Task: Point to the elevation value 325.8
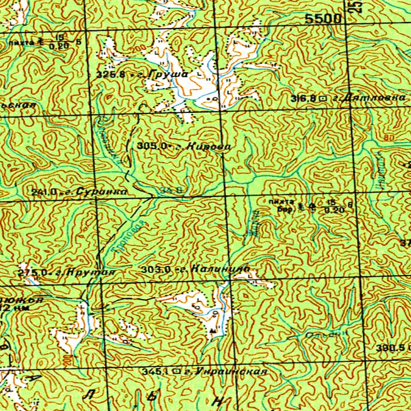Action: (111, 75)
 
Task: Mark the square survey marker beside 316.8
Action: (323, 98)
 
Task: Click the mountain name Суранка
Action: (102, 191)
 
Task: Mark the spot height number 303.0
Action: (156, 270)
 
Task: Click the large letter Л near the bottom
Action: (88, 394)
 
